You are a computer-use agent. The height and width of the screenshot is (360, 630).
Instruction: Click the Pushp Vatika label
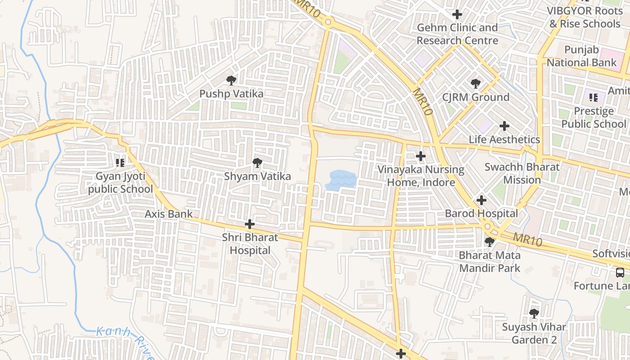tap(231, 94)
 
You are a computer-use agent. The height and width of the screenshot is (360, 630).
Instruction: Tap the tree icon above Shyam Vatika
tap(257, 163)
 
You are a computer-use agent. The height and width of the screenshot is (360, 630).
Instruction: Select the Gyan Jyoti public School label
tap(120, 182)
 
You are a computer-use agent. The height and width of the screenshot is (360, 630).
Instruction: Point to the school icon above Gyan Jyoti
tap(120, 162)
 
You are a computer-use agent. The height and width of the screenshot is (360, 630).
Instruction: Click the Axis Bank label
tap(168, 214)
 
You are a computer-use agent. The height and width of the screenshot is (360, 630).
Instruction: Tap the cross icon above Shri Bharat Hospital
tap(250, 224)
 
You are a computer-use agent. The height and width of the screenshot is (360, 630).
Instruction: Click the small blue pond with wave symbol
tap(341, 180)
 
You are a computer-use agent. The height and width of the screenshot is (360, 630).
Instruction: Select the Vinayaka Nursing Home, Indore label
tap(421, 176)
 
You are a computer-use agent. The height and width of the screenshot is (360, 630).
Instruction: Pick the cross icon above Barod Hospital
tap(481, 200)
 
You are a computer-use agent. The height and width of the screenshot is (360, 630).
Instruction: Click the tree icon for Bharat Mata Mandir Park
tap(489, 242)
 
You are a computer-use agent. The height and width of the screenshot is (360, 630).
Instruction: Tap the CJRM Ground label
tap(476, 97)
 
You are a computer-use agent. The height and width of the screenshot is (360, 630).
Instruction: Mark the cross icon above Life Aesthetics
tap(504, 126)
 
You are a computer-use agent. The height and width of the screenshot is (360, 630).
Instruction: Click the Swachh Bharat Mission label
tap(522, 173)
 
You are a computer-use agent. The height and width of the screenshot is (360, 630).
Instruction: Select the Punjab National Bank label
tap(581, 56)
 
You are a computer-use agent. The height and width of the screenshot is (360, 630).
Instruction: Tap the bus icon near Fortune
tap(620, 272)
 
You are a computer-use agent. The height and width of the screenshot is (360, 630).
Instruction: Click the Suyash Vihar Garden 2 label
tap(534, 333)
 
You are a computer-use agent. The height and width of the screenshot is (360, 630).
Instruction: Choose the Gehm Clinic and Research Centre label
tap(457, 34)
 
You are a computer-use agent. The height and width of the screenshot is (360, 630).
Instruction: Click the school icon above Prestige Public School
tap(594, 97)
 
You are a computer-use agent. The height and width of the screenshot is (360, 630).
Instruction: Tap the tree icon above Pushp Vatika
tap(231, 81)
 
